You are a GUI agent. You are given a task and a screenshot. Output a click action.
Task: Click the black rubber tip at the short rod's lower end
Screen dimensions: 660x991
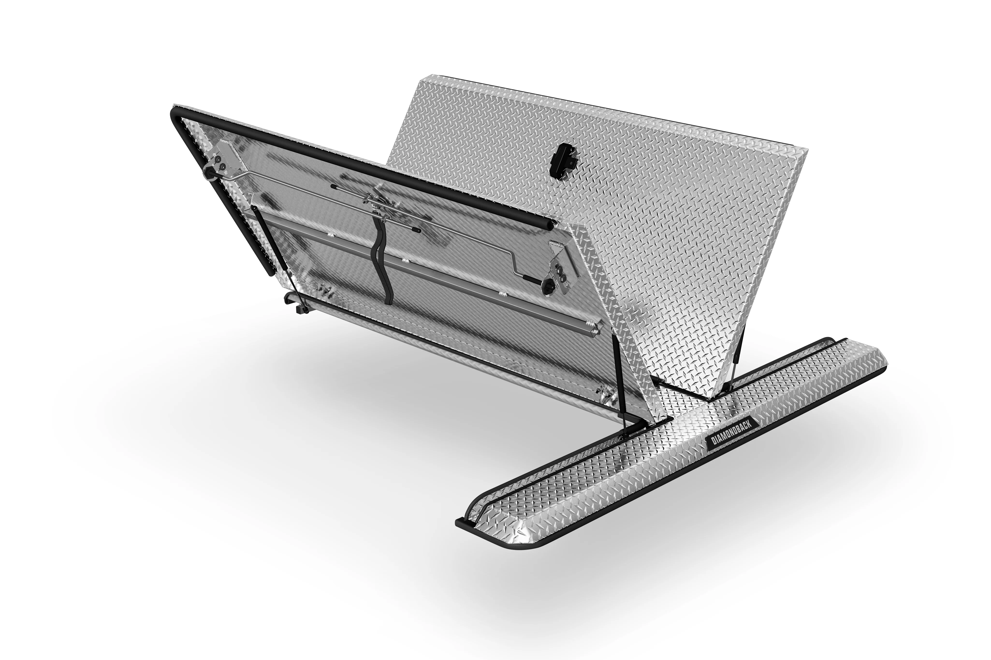417,230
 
